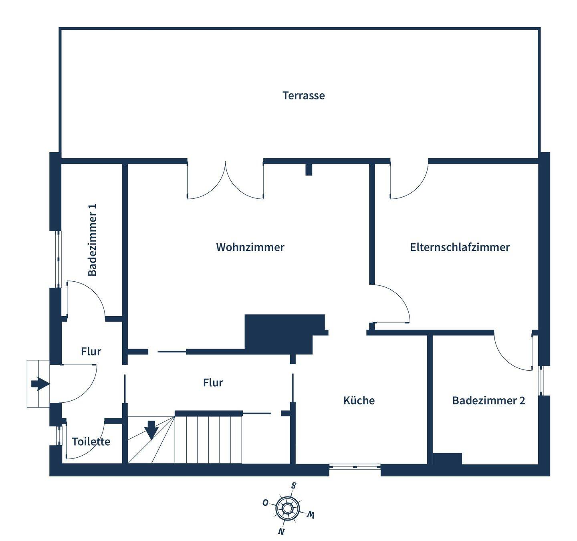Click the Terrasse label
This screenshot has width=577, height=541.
[x=303, y=95]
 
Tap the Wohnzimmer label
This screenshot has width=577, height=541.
[x=250, y=247]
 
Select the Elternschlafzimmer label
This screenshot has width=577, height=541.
[x=460, y=247]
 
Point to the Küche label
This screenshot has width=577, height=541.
[x=359, y=400]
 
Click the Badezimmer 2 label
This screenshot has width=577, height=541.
[x=488, y=400]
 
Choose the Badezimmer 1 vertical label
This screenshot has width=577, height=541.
[x=93, y=240]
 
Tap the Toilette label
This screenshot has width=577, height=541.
[x=91, y=441]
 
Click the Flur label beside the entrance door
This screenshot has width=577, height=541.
[x=91, y=351]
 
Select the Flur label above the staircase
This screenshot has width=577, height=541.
[x=213, y=382]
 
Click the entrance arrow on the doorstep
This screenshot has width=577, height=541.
[x=40, y=384]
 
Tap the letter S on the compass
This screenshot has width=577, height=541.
[x=294, y=486]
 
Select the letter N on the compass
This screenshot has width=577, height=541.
[x=281, y=532]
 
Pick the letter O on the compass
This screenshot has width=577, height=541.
[x=265, y=503]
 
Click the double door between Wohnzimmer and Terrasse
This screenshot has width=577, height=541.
[x=225, y=180]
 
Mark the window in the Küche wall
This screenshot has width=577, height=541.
[x=355, y=466]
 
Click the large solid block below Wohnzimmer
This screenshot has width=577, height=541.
[x=280, y=333]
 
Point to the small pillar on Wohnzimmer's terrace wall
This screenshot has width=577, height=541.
[x=309, y=169]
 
